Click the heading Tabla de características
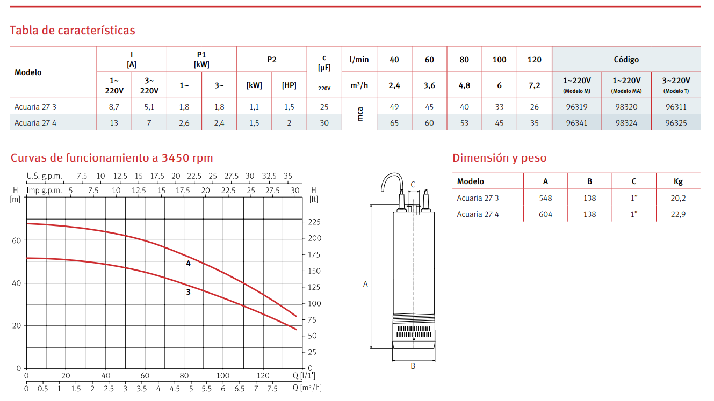(73, 31)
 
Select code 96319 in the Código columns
(576, 107)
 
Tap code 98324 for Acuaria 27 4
(626, 123)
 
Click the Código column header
(626, 60)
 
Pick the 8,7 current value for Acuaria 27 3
(114, 107)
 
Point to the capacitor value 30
(324, 123)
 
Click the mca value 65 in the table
(394, 123)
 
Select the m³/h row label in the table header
(359, 85)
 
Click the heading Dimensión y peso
(499, 158)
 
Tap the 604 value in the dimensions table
(545, 214)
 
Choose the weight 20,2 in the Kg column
(678, 198)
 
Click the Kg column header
(678, 181)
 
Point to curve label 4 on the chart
(189, 264)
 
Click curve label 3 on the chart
(189, 292)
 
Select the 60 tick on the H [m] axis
(16, 240)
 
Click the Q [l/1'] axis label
(304, 375)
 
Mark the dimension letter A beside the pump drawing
(365, 284)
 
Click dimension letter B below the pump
(413, 366)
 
